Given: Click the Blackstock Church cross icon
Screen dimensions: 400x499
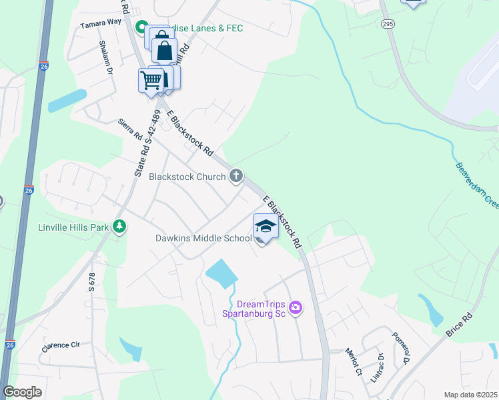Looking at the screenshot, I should pos(235,176).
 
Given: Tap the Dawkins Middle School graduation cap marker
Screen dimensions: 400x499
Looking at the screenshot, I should pos(266,227).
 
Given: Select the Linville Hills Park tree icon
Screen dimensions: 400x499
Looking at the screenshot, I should pos(119,227).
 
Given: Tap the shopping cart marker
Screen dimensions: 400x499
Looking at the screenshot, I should pos(151,81).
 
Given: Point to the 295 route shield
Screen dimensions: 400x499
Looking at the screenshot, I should pos(388,24).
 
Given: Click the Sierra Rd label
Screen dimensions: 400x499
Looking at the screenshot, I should pos(130,129).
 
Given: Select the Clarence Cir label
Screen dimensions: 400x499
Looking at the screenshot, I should pos(61,346).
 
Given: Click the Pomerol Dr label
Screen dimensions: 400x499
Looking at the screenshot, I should pos(400,348).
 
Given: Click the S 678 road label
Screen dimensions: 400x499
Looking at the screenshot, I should pos(92,284).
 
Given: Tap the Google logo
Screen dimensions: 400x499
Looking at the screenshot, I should pos(22,392).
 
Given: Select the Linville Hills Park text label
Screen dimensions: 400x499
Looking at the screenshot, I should pos(74,227).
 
